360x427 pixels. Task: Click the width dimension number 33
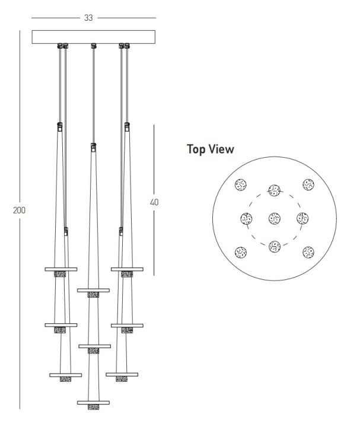(x=88, y=18)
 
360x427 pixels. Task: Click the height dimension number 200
(x=19, y=210)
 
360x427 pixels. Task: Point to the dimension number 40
(x=154, y=202)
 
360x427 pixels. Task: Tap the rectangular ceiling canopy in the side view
(x=94, y=37)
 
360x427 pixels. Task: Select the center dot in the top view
(x=275, y=218)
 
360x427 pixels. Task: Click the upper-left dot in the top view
(x=241, y=184)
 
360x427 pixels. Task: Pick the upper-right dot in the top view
(x=308, y=184)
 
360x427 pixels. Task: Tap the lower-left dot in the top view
(x=241, y=253)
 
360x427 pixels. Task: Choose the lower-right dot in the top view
(x=308, y=252)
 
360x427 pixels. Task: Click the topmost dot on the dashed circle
(x=275, y=190)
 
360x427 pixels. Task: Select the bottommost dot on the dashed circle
(x=275, y=247)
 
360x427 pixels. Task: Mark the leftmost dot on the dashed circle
(x=247, y=218)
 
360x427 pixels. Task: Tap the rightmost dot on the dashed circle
(x=302, y=218)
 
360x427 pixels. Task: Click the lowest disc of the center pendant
(x=93, y=403)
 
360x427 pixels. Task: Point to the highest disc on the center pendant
(x=93, y=290)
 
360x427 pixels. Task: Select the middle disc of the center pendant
(x=95, y=346)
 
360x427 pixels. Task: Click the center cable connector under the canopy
(x=94, y=46)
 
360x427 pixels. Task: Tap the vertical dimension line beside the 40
(x=154, y=200)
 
